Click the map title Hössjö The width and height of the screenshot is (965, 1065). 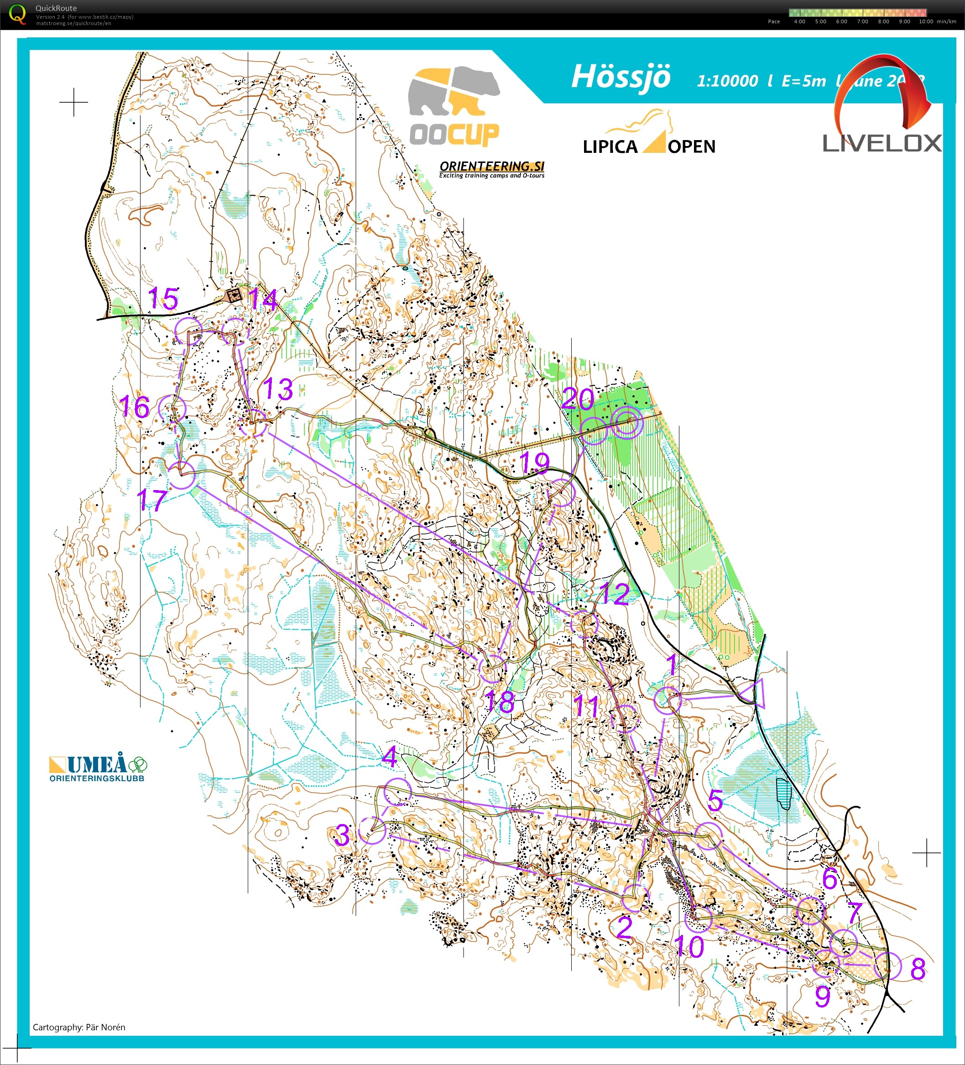coord(621,77)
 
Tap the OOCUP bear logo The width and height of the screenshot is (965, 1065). coord(454,106)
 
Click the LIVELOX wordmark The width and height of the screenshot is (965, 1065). coord(882,143)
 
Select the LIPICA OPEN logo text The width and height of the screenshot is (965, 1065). coord(649,146)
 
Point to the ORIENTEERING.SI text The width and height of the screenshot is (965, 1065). coord(491,167)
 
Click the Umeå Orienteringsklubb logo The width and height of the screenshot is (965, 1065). coord(98,767)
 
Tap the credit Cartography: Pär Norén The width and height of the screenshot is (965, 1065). coord(78,1027)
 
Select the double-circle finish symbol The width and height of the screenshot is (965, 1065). coord(627,422)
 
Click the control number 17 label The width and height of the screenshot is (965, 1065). coord(152,499)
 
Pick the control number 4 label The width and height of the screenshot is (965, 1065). coord(390,757)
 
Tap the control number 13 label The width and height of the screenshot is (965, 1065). coord(278,389)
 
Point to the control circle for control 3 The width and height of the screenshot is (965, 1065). coord(372,830)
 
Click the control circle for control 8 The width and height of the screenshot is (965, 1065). coord(887,966)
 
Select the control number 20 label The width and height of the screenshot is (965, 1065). coord(577,398)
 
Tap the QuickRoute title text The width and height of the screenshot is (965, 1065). coord(56,8)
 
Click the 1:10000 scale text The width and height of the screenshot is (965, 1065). coord(727,81)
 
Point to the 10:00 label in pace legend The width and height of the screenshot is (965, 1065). coord(925,21)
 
